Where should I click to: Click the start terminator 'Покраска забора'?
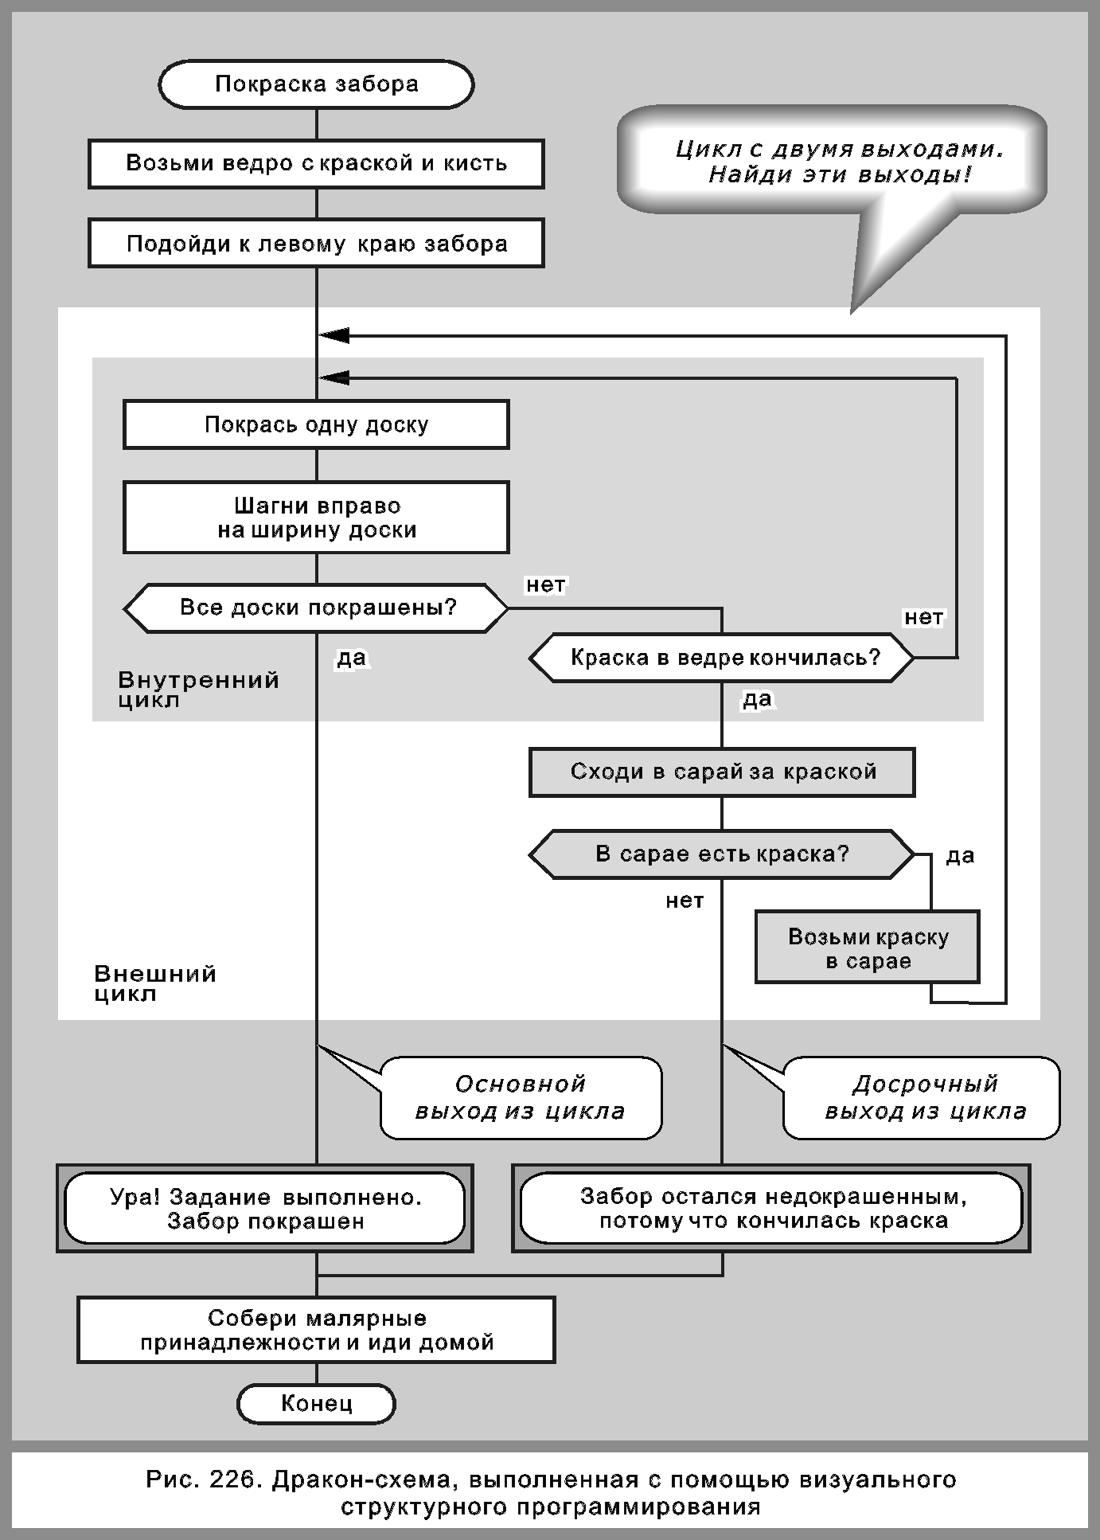pos(316,84)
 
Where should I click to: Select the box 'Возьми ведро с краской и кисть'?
pos(316,164)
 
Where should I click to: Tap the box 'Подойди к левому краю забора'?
pos(316,244)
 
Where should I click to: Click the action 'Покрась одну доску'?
pos(316,424)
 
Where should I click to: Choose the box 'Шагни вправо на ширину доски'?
pos(316,518)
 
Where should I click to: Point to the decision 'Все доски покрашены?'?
pos(316,608)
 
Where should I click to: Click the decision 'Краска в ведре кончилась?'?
pos(722,658)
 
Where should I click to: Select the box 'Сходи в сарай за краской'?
pos(722,772)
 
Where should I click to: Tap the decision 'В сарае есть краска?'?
pos(722,854)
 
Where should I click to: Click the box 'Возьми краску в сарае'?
pos(868,948)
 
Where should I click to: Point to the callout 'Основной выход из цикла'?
pos(521,1097)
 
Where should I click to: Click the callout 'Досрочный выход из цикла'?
pos(923,1097)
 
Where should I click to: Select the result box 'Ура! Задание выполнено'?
pos(265,1208)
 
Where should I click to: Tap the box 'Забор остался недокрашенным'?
pos(771,1208)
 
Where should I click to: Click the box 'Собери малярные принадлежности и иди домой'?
pos(316,1330)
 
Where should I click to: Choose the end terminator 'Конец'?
pos(316,1403)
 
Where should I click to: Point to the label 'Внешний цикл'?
pos(154,983)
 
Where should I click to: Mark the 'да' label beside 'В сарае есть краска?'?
pos(960,856)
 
